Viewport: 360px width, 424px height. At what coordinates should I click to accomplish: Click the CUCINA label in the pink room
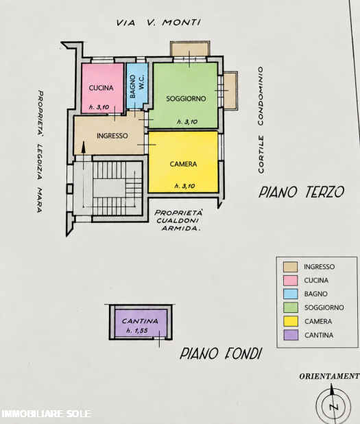pos(101,88)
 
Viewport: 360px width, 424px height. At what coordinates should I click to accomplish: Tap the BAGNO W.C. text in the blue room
pos(137,86)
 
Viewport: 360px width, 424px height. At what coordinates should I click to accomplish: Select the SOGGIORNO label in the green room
pos(186,99)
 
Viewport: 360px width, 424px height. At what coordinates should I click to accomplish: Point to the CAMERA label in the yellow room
pos(183,164)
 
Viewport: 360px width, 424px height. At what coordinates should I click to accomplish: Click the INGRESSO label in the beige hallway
pos(112,136)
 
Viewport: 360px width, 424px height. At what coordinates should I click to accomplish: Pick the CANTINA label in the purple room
pos(140,321)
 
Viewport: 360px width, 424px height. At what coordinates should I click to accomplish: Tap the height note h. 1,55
pos(137,331)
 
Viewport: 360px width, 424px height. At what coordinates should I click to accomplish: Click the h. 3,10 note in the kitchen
pos(99,107)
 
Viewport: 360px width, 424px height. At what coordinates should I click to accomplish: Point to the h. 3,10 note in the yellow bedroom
pos(185,186)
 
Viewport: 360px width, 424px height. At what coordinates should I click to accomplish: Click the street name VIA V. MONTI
pos(158,23)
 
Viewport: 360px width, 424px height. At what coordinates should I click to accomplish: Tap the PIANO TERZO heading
pos(301,192)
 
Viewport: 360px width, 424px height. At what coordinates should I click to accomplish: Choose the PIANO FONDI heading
pos(221,354)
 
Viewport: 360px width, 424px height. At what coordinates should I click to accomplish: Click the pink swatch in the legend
pos(291,281)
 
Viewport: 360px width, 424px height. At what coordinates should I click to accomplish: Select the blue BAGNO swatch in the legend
pos(291,294)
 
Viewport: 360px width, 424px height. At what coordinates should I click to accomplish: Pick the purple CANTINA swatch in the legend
pos(291,335)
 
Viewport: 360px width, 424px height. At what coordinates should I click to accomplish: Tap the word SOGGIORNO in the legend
pos(324,307)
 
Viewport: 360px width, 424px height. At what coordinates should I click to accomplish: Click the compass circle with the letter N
pos(333,405)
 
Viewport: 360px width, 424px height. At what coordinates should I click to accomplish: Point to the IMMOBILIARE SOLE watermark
pos(46,414)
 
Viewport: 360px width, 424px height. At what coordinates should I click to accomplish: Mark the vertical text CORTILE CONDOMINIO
pos(261,120)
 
